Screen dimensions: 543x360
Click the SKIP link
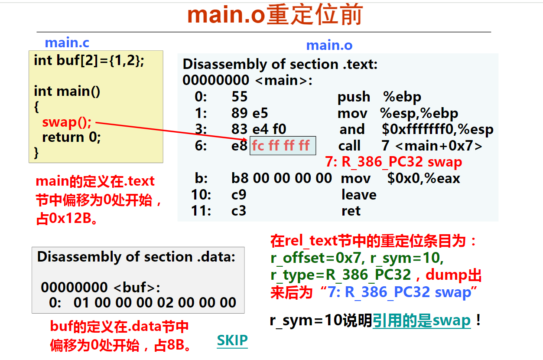tap(232, 340)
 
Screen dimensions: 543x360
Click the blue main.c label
tap(67, 43)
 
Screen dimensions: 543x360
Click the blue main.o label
tap(329, 45)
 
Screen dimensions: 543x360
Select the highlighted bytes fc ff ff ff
tap(281, 146)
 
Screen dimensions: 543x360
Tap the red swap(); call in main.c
tap(67, 122)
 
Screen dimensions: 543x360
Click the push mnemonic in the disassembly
tap(354, 97)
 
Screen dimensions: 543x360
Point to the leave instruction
tap(359, 195)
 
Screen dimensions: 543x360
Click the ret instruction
tap(351, 211)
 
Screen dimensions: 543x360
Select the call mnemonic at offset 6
tap(349, 146)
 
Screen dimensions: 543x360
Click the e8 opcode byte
tap(239, 146)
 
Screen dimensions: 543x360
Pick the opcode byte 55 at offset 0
tap(240, 97)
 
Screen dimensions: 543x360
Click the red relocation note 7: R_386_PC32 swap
tap(393, 162)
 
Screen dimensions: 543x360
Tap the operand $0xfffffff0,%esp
tap(438, 129)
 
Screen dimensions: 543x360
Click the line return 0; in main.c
tap(72, 137)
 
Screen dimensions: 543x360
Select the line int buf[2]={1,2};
tap(89, 60)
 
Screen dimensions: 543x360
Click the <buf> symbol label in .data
tap(135, 288)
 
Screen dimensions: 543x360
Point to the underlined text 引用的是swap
tap(422, 321)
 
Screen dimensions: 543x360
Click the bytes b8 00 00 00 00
tap(281, 178)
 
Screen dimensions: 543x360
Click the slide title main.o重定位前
tap(275, 15)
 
